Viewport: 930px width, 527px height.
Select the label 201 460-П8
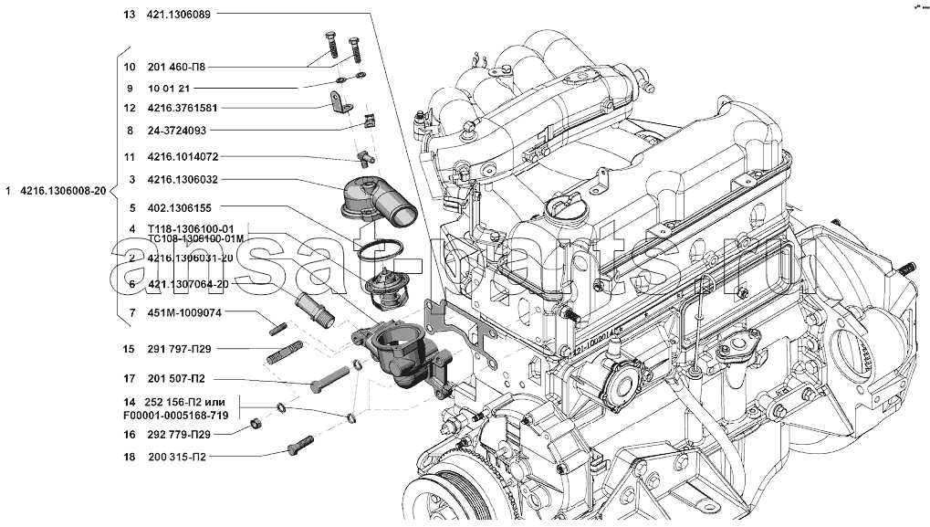pyautogui.click(x=176, y=67)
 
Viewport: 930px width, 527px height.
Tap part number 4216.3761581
pyautogui.click(x=183, y=108)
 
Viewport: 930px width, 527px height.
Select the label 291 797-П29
pyautogui.click(x=179, y=349)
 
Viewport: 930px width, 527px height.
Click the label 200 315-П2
pyautogui.click(x=176, y=457)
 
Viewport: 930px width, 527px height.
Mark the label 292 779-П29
pyautogui.click(x=179, y=434)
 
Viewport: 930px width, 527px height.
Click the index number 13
pyautogui.click(x=128, y=15)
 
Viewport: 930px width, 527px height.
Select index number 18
pyautogui.click(x=128, y=457)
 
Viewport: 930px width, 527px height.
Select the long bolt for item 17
pyautogui.click(x=329, y=378)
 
